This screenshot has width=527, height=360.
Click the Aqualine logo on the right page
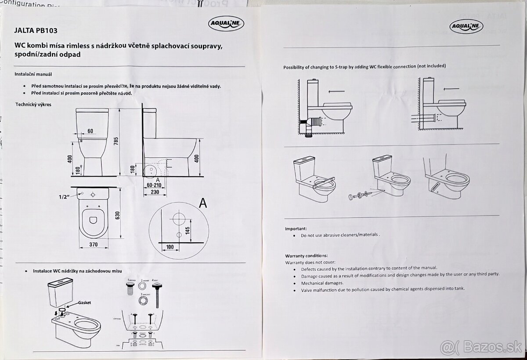tap(466, 26)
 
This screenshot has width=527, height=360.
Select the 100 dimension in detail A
tap(170, 247)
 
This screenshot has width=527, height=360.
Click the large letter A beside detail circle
tap(202, 203)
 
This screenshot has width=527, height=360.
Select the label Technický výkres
tap(33, 105)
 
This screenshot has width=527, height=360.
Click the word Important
tap(296, 229)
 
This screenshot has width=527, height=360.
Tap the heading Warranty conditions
tap(307, 255)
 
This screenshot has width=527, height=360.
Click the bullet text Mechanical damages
tap(322, 283)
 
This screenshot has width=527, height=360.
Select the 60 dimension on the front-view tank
tap(90, 131)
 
